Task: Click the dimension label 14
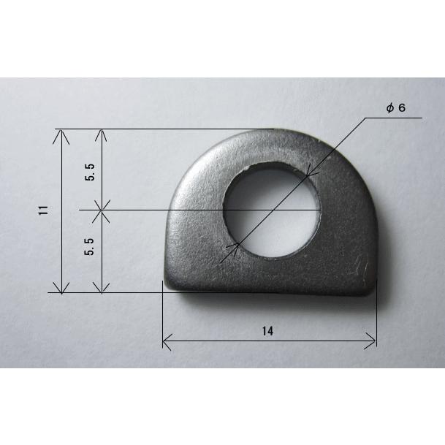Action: [267, 331]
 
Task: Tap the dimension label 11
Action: [43, 210]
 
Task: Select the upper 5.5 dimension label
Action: [89, 172]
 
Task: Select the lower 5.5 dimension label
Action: [89, 246]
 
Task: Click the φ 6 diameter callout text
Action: [396, 108]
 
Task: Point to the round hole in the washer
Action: [272, 210]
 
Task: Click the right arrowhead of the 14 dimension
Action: [370, 341]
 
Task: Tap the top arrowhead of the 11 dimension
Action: [61, 136]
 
